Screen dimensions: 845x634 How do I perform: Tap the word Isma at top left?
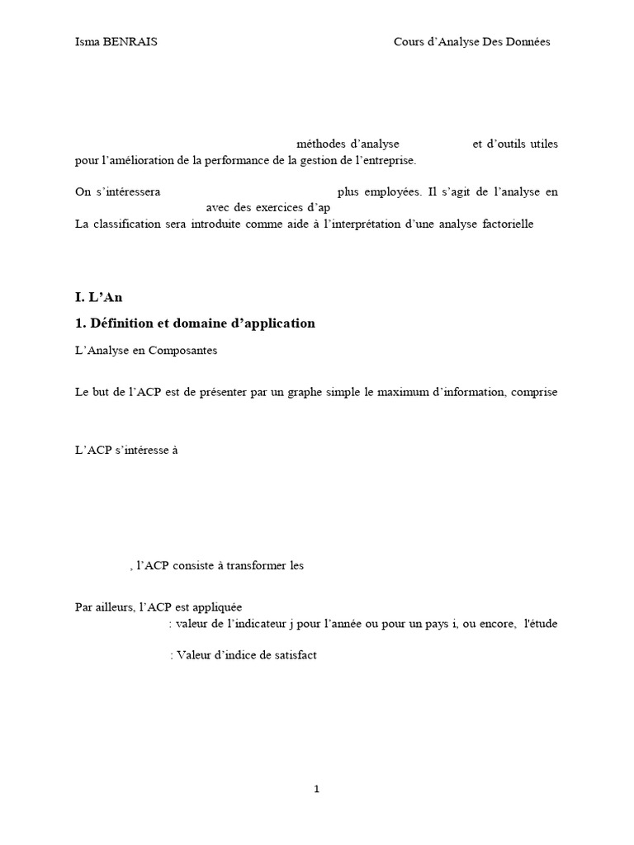click(87, 43)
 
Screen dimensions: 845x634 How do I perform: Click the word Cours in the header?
click(409, 43)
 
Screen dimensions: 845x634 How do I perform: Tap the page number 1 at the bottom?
click(316, 790)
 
